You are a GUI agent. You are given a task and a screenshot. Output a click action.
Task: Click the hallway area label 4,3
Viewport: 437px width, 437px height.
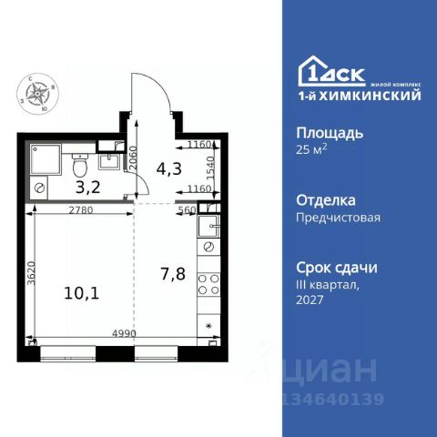(x=168, y=168)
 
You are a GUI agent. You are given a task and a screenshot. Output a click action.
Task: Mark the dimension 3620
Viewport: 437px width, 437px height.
(x=29, y=274)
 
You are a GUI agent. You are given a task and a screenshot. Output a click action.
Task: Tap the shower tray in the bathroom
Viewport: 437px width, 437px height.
(x=45, y=160)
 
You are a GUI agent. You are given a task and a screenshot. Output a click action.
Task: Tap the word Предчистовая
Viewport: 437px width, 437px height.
(x=338, y=218)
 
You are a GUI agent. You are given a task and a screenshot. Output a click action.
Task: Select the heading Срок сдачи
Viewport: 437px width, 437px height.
(x=337, y=268)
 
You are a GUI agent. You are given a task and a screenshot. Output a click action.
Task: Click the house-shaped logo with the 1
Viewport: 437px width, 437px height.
(x=310, y=73)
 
